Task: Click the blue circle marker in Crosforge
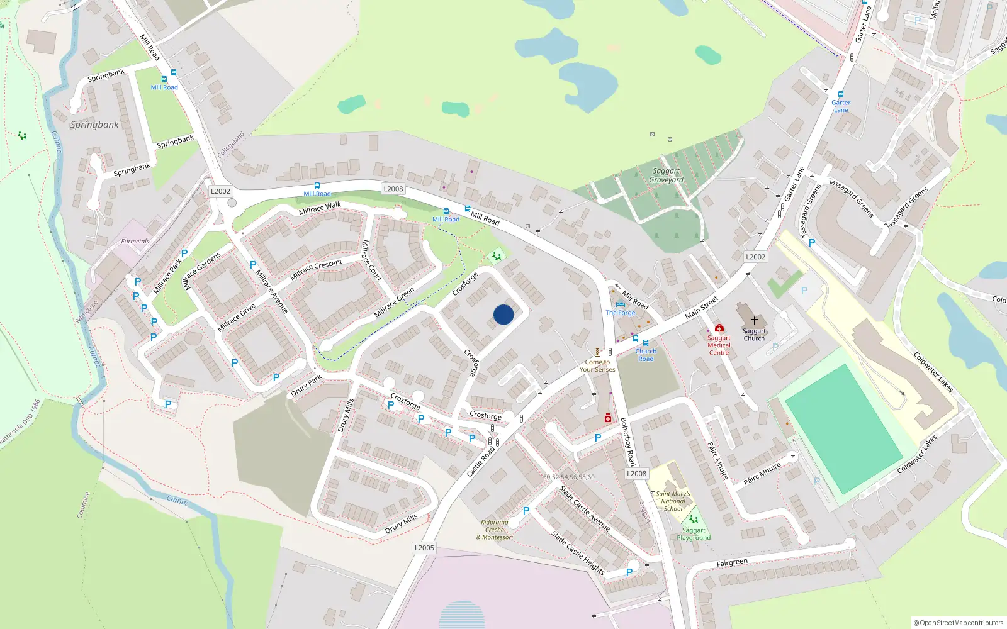point(503,314)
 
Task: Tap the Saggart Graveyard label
point(667,175)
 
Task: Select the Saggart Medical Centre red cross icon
point(719,328)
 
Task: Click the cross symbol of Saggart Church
point(754,321)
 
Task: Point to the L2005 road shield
point(424,548)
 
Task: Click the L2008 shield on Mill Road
point(393,189)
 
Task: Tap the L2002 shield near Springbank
point(220,191)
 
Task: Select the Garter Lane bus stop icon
point(840,94)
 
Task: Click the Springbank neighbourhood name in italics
point(94,125)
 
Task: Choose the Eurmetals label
point(135,242)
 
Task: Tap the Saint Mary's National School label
point(673,501)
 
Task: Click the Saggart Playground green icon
point(694,520)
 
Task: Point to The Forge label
point(621,313)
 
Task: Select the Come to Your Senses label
point(597,366)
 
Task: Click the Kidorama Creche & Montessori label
point(495,530)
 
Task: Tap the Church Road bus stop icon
point(646,343)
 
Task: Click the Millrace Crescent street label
point(316,269)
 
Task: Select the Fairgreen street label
point(732,563)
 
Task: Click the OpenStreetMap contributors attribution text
point(958,623)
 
